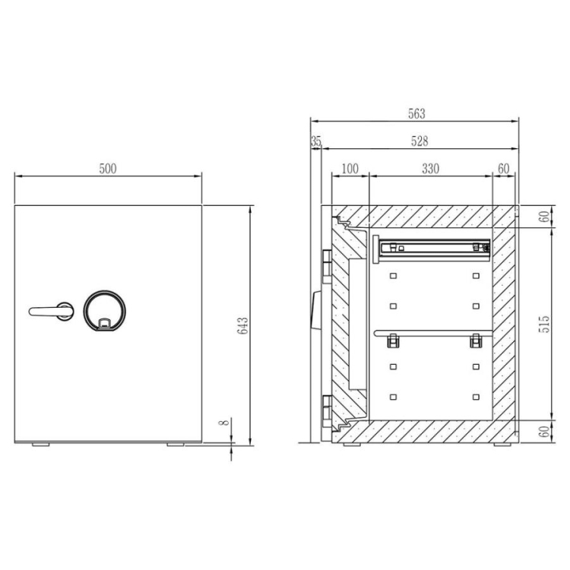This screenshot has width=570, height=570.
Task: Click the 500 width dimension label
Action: [x=108, y=169]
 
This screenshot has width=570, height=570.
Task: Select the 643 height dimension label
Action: [x=242, y=326]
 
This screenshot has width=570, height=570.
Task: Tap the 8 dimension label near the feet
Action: [x=224, y=422]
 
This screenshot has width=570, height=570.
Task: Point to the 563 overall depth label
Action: [x=416, y=114]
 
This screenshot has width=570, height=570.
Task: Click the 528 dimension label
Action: [x=420, y=141]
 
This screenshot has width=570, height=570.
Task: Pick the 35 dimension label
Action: [x=316, y=141]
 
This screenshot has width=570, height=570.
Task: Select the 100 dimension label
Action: [x=350, y=169]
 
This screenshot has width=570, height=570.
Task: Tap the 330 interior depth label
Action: [x=431, y=169]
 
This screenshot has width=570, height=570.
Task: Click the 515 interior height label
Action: [x=545, y=325]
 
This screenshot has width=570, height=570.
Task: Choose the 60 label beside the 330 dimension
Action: [x=503, y=169]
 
